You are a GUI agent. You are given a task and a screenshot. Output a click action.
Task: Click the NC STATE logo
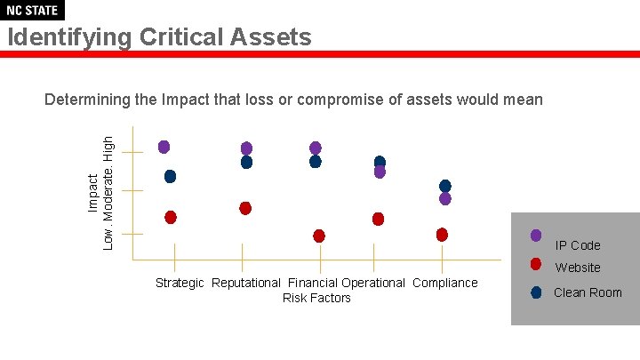point(32,11)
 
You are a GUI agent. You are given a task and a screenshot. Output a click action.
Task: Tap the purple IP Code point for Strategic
point(164,147)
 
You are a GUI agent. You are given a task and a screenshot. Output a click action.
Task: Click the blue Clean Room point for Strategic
point(170,176)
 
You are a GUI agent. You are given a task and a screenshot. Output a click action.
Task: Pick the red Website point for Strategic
point(171,217)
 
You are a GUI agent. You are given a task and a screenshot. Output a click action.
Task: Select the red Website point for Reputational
point(245,208)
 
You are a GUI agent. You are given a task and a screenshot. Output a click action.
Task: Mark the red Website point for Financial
point(319,236)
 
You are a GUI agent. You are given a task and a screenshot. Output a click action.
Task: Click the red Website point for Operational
point(378,219)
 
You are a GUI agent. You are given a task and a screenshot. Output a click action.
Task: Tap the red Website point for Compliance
point(442,235)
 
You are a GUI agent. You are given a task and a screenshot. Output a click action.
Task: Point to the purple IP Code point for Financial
point(316,148)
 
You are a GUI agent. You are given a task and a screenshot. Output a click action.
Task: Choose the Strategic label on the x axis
point(180,283)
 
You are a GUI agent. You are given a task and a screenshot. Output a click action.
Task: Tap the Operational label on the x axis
point(373,283)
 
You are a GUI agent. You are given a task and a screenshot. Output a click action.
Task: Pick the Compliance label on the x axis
point(445,283)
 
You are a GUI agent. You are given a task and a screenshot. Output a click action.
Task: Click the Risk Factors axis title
point(316,298)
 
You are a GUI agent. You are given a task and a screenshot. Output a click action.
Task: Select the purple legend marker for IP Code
point(536,236)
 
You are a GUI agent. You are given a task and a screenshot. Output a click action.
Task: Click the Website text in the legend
point(578,268)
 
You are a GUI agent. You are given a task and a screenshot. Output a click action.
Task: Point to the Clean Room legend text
point(588,292)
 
